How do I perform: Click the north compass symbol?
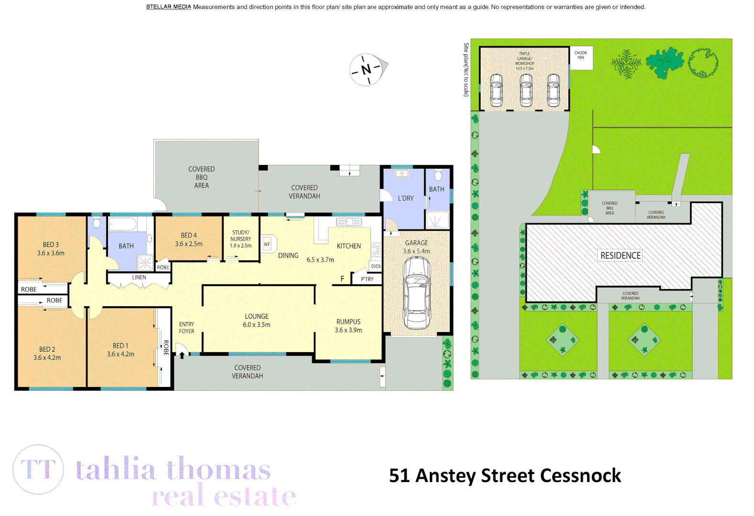[x=367, y=70]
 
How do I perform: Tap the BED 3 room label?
[x=51, y=245]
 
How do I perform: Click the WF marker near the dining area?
[x=267, y=244]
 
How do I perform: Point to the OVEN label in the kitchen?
[x=376, y=266]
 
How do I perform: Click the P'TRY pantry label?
[x=367, y=279]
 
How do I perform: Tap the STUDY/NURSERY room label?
[x=240, y=236]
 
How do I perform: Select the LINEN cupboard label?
[x=139, y=277]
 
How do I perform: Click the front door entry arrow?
[x=182, y=355]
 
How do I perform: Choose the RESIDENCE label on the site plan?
[x=620, y=256]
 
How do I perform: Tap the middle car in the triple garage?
[x=526, y=90]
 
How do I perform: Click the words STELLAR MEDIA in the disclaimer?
[x=168, y=7]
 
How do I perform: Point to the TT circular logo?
[x=38, y=469]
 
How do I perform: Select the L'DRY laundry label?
[x=405, y=198]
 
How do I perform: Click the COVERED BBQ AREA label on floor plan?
[x=201, y=177]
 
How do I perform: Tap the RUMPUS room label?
[x=348, y=322]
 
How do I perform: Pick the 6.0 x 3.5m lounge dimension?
[x=256, y=325]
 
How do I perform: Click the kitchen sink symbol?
[x=349, y=222]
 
